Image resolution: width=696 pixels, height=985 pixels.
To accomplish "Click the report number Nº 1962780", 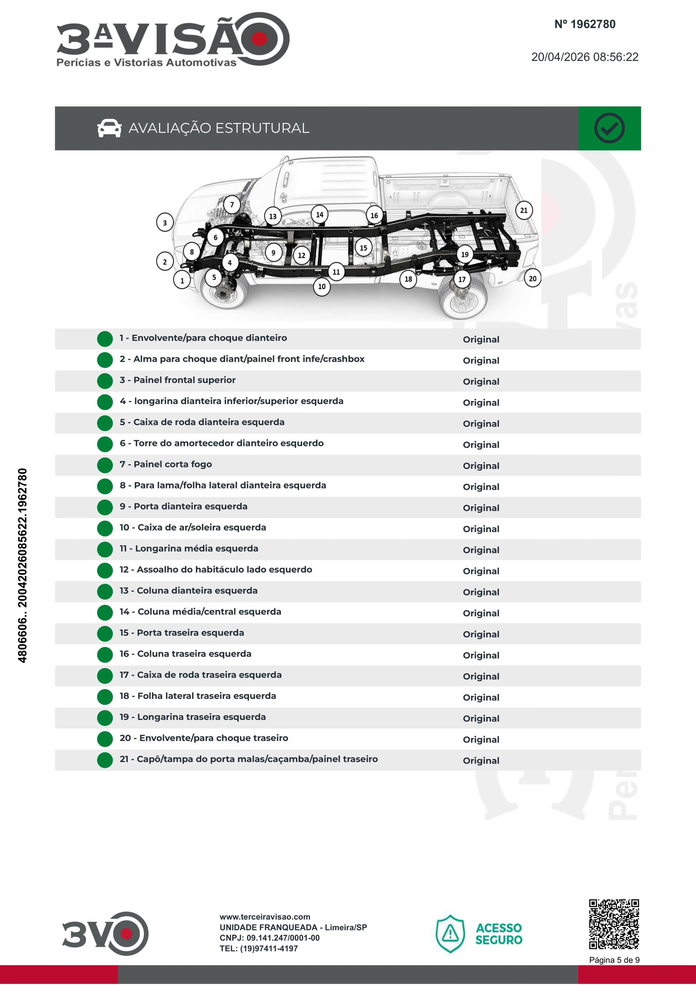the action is click(585, 24).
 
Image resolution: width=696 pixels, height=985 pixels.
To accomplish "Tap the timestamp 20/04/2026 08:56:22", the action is click(585, 57).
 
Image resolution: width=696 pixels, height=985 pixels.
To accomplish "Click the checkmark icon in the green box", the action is click(609, 128).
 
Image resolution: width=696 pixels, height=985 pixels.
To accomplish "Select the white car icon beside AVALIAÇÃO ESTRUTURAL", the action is click(109, 128).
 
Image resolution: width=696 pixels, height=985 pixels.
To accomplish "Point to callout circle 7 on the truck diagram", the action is click(232, 205).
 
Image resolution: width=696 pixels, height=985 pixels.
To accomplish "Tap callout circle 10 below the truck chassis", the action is click(322, 287).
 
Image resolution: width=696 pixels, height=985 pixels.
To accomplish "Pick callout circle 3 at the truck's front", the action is click(165, 223).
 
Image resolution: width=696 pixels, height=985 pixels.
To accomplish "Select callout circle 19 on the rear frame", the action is click(465, 254).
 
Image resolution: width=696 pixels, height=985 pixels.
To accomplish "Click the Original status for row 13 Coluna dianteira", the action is click(481, 592).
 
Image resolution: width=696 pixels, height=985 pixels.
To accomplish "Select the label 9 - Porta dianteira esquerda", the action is click(184, 506).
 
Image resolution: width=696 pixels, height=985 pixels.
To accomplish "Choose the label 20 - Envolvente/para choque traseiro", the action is click(204, 738).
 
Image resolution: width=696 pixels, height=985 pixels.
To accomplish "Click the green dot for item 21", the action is click(105, 760).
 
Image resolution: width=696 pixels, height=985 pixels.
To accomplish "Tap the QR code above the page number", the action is click(614, 924).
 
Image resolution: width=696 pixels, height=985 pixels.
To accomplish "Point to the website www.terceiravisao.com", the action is click(265, 917).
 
